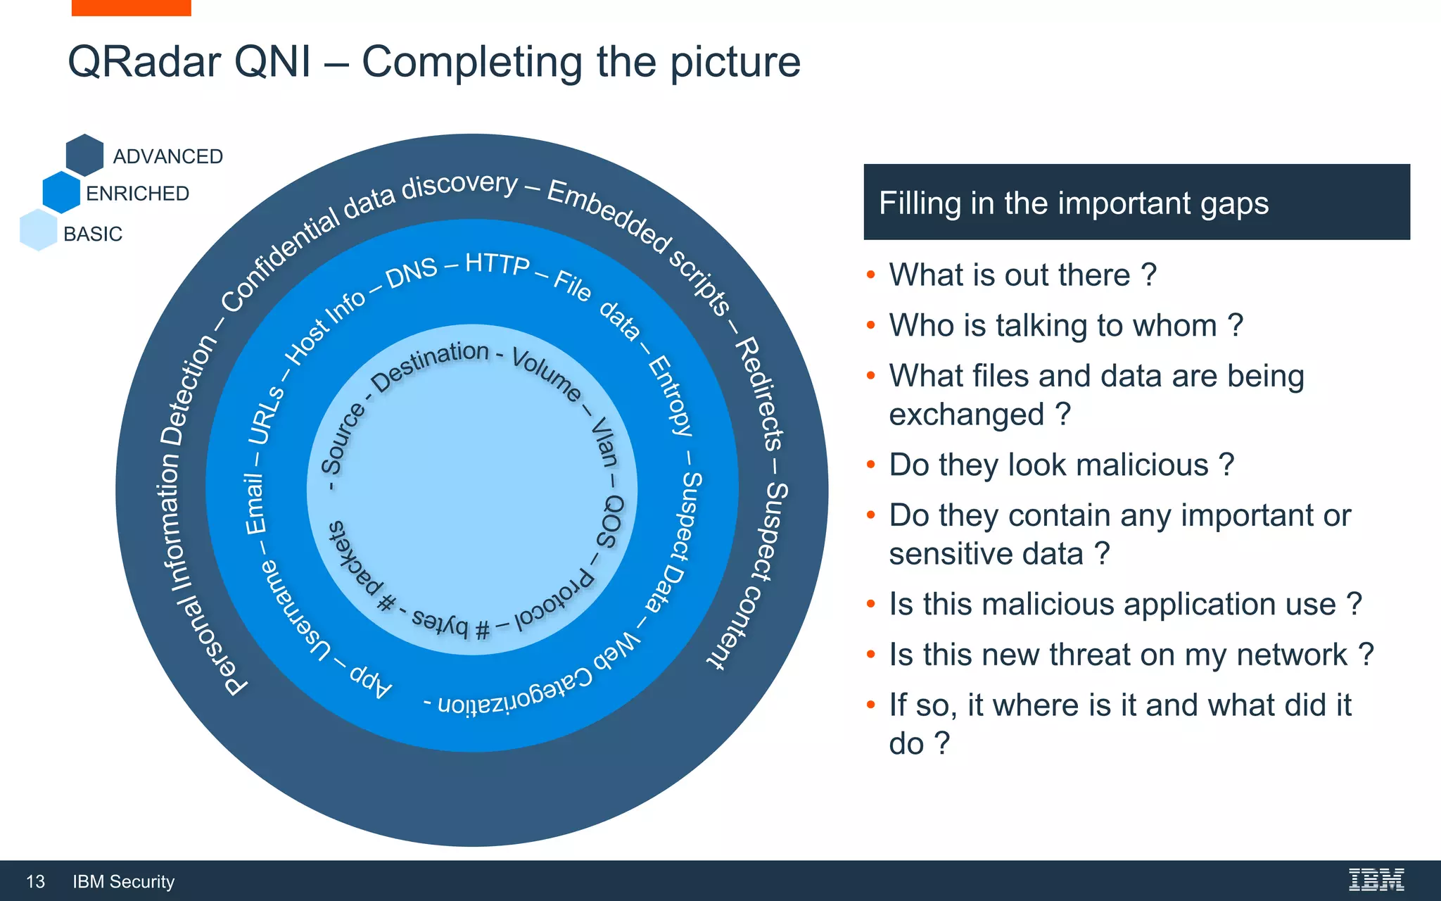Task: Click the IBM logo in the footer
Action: click(1376, 880)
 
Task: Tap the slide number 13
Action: click(35, 881)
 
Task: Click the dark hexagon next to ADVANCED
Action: click(85, 155)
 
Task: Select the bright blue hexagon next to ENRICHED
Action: click(62, 191)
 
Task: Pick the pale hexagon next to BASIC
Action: click(39, 230)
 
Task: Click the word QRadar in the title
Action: click(144, 62)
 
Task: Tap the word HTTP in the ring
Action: click(497, 264)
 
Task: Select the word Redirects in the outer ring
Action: click(759, 394)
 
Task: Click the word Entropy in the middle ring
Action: click(670, 396)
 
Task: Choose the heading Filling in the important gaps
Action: click(1073, 203)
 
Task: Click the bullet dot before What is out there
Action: click(871, 275)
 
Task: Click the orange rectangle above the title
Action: click(131, 7)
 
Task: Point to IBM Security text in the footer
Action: click(123, 881)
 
